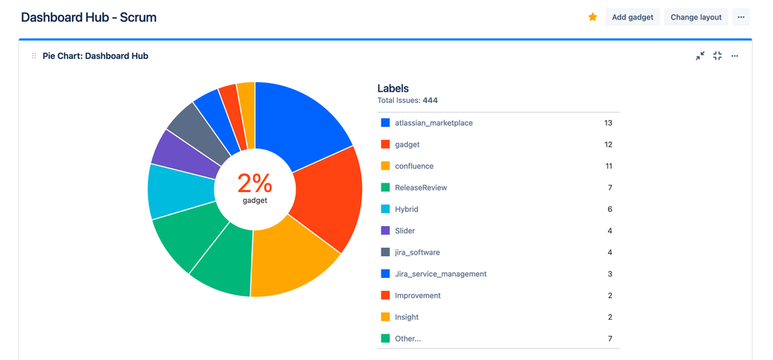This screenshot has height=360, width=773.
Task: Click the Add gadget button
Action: pyautogui.click(x=632, y=17)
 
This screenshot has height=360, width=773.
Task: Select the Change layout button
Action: pyautogui.click(x=696, y=17)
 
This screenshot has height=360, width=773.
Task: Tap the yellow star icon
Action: pyautogui.click(x=593, y=17)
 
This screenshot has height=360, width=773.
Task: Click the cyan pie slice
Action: pyautogui.click(x=177, y=190)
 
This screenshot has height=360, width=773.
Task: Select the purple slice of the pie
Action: pyautogui.click(x=185, y=155)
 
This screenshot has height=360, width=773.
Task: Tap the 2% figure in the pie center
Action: pyautogui.click(x=255, y=183)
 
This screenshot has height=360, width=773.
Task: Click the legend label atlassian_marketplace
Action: pyautogui.click(x=433, y=123)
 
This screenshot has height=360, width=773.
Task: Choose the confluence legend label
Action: pyautogui.click(x=414, y=166)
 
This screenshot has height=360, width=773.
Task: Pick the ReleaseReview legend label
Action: pyautogui.click(x=420, y=188)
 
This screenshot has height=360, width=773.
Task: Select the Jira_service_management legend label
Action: pyautogui.click(x=440, y=274)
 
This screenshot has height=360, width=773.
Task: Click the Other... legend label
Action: pyautogui.click(x=408, y=338)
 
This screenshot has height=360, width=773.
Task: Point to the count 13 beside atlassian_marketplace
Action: pyautogui.click(x=607, y=123)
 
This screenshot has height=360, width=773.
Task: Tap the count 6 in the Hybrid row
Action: pyautogui.click(x=610, y=210)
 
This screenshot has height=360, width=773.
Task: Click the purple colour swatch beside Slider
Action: pyautogui.click(x=385, y=231)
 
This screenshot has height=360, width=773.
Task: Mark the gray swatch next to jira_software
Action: pyautogui.click(x=385, y=252)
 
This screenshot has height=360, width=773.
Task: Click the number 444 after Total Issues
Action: pyautogui.click(x=430, y=101)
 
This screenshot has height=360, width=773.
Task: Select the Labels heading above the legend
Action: pyautogui.click(x=393, y=88)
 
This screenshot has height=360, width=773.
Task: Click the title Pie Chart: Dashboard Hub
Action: pyautogui.click(x=95, y=56)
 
